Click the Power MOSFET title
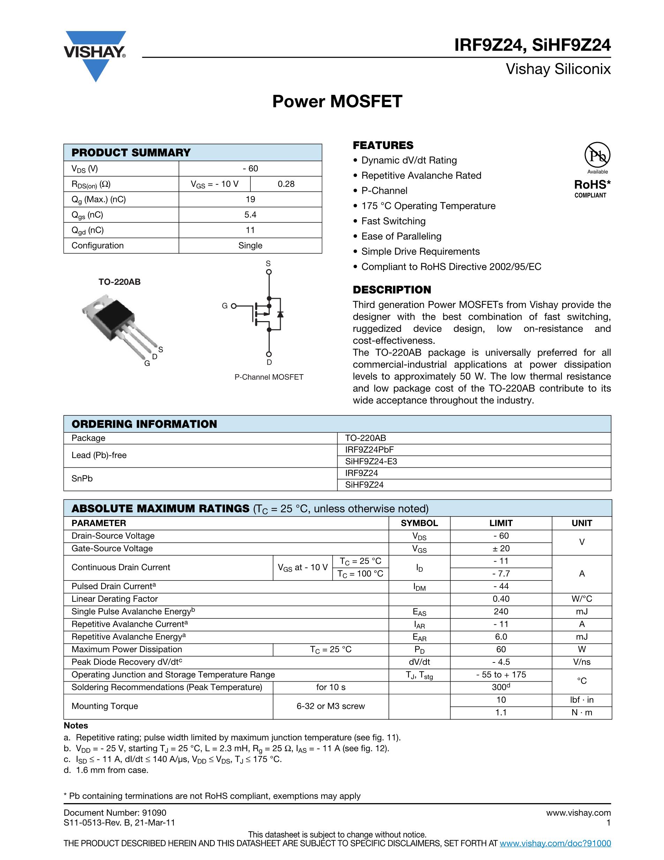tap(337, 101)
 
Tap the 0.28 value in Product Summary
tap(286, 184)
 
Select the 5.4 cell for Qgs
tap(250, 215)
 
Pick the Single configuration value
tap(250, 245)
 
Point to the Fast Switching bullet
tap(393, 221)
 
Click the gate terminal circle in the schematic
tap(234, 306)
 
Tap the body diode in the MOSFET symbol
tap(280, 314)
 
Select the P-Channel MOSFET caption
tap(269, 377)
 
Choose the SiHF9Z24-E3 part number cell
tap(371, 461)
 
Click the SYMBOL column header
tap(419, 523)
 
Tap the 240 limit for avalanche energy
tap(501, 611)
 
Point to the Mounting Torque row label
tap(105, 706)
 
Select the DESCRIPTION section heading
tap(392, 289)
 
